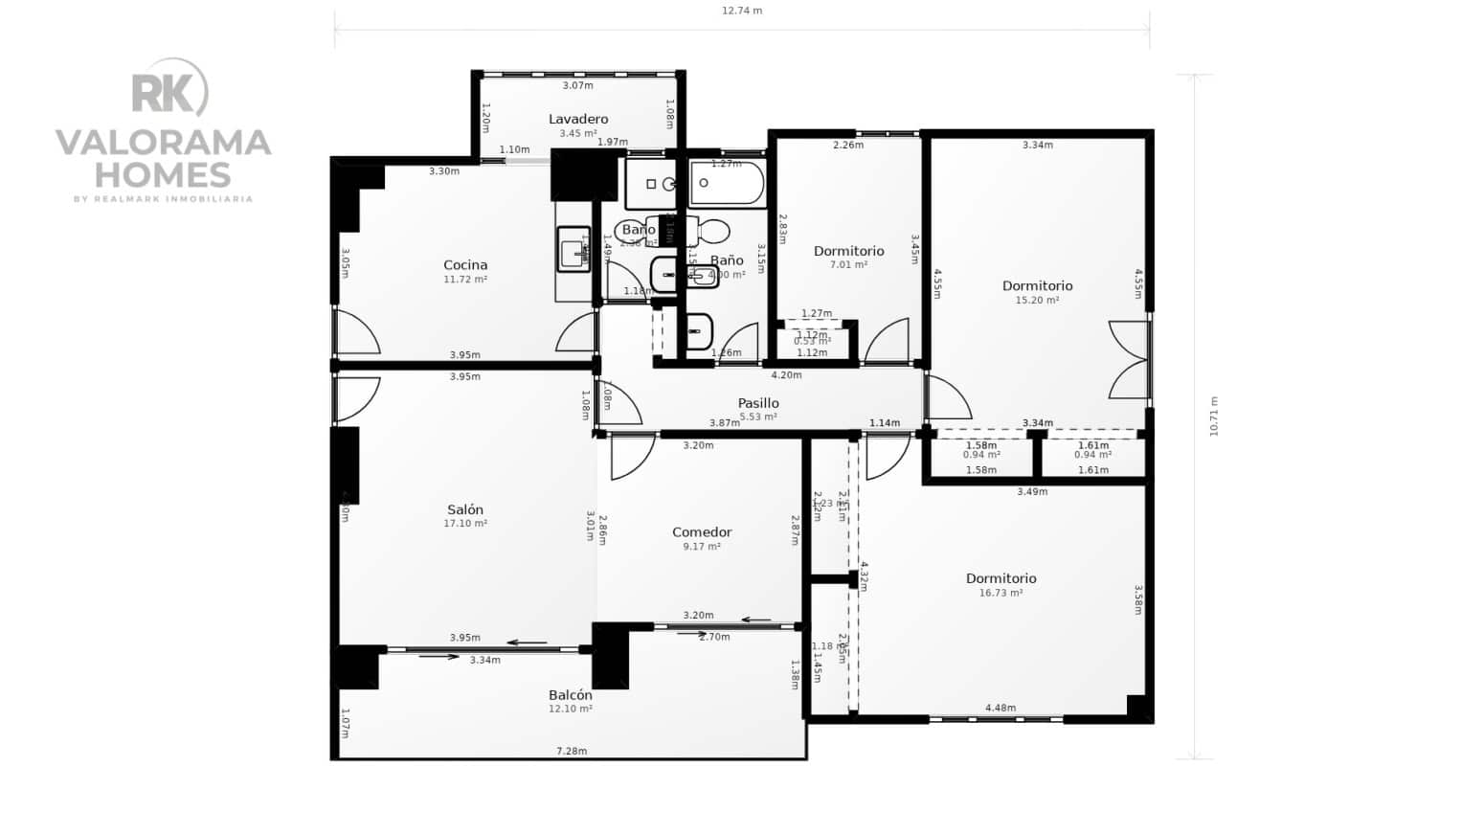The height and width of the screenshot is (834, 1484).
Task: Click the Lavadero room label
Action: (x=578, y=119)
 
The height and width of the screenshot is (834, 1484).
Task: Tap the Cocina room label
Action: (x=465, y=265)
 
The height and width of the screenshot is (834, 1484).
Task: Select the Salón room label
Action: (x=465, y=509)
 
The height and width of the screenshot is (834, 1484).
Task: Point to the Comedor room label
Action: (x=702, y=532)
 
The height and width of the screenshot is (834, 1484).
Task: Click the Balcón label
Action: (x=571, y=695)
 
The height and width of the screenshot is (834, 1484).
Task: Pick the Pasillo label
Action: (x=758, y=403)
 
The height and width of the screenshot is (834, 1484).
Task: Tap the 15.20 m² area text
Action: (x=1037, y=300)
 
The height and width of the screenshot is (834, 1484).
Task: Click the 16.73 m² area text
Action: (x=1001, y=593)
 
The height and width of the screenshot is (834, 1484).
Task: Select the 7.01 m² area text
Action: (x=848, y=264)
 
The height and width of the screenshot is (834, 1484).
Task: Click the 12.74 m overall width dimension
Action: (x=742, y=11)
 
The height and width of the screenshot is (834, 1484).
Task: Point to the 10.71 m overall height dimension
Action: (x=1214, y=417)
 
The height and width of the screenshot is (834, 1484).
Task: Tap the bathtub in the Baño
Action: (x=727, y=184)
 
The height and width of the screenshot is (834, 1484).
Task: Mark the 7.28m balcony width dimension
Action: (x=572, y=751)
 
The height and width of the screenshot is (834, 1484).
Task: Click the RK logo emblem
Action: (x=169, y=92)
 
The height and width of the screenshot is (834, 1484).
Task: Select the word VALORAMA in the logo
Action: (x=164, y=143)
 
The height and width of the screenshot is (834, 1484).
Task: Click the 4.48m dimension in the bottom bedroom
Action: (x=1001, y=708)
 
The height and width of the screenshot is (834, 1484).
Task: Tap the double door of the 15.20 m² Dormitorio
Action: (x=1130, y=359)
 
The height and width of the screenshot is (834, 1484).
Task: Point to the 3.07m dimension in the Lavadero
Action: (x=577, y=85)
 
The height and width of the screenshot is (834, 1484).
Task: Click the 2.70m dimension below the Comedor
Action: (x=714, y=637)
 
